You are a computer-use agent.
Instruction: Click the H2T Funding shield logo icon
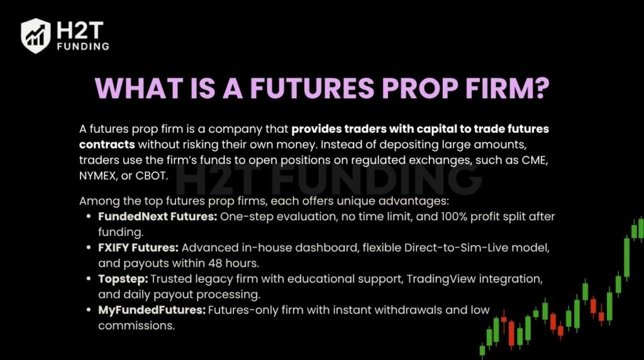pos(36,35)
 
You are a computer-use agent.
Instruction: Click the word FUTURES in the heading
pos(309,87)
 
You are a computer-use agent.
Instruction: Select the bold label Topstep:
pos(119,278)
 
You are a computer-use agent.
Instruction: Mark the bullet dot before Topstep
pos(91,278)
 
